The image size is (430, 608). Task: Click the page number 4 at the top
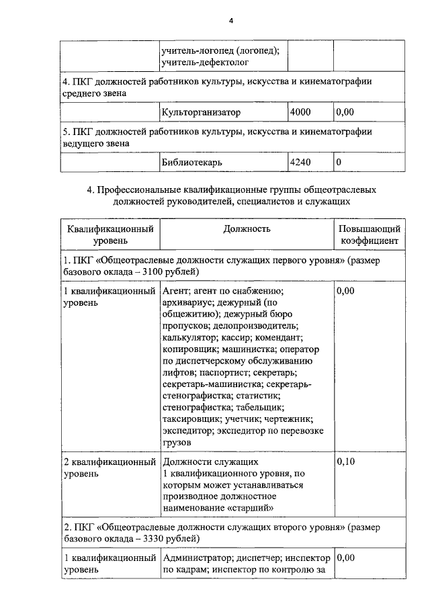(230, 21)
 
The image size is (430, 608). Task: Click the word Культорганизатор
(201, 112)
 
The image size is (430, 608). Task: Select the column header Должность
(247, 229)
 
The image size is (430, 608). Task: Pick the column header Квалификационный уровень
(110, 235)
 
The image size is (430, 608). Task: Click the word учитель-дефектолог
(206, 62)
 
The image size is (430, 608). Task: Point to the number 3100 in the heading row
(173, 272)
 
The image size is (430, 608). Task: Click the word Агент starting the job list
(175, 291)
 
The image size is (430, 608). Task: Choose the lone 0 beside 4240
(339, 162)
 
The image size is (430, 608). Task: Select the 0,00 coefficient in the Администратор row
(345, 558)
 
